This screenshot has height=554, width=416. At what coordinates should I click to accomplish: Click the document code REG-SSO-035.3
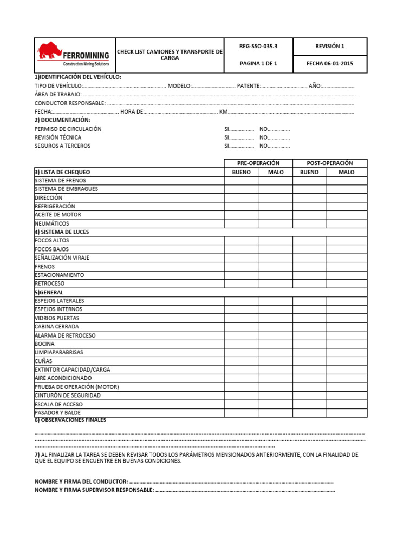(x=258, y=47)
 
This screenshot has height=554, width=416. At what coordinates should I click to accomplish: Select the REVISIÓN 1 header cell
(x=329, y=47)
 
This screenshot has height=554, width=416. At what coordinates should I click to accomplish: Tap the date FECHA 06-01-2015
(x=329, y=64)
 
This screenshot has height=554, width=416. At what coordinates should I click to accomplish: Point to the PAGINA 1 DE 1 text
(x=258, y=64)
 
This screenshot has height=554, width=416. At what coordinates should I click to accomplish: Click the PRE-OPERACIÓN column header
(x=258, y=163)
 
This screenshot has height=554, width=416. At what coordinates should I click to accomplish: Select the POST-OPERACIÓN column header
(x=329, y=163)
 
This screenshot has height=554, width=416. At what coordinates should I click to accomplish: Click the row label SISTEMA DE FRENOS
(x=60, y=181)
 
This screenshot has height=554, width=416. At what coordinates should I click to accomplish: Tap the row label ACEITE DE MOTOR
(x=58, y=215)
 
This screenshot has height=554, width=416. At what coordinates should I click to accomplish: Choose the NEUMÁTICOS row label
(x=52, y=223)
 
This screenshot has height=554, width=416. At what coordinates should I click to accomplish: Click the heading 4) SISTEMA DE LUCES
(x=62, y=232)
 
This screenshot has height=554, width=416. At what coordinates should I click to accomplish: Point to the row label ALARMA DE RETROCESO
(x=65, y=335)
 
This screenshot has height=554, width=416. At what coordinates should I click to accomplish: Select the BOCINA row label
(x=44, y=344)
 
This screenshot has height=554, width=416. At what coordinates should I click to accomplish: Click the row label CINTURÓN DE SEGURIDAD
(x=68, y=395)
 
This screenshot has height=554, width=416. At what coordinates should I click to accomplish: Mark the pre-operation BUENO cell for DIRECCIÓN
(x=241, y=198)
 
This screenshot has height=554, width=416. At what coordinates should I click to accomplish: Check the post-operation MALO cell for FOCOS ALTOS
(x=346, y=241)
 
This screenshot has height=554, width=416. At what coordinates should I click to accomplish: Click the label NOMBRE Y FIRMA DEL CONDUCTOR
(x=81, y=482)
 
